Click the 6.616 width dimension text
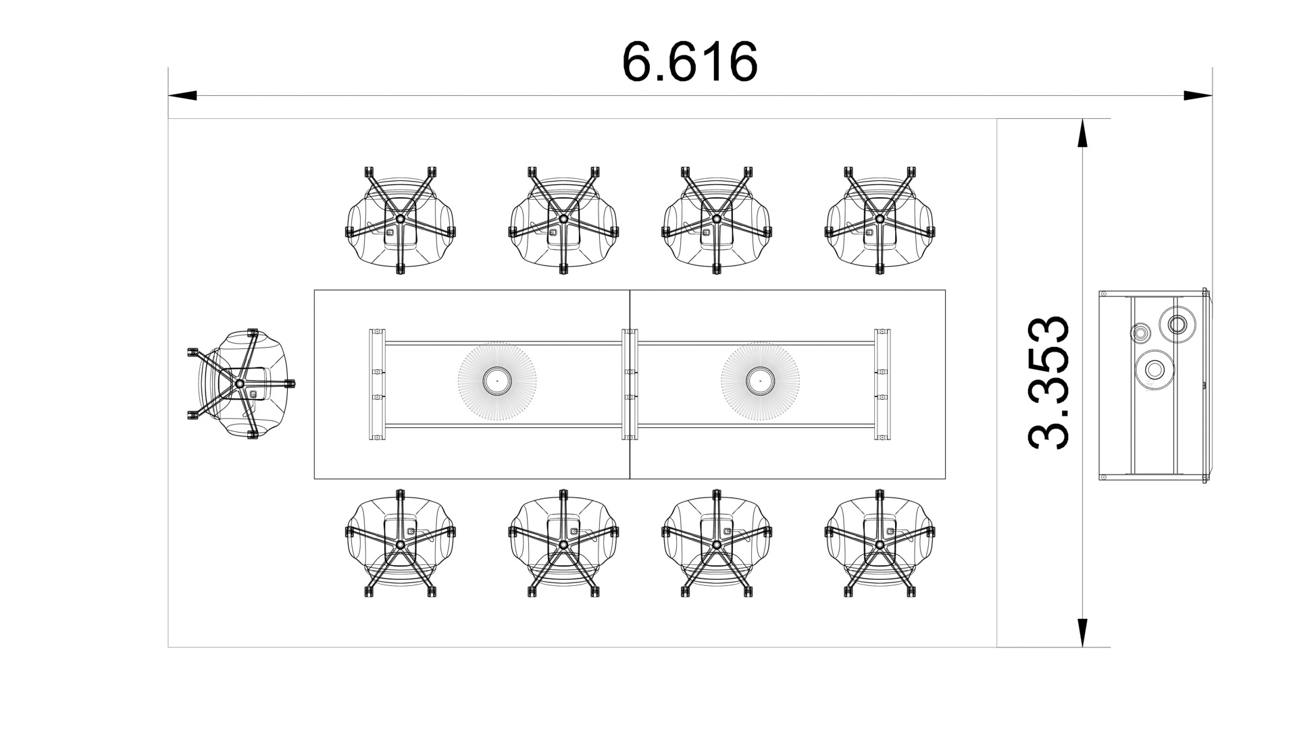[690, 61]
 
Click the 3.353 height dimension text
[1048, 383]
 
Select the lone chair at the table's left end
[240, 384]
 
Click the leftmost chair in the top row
[400, 220]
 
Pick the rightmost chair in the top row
[880, 220]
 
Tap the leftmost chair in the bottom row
[400, 544]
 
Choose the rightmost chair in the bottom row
[880, 544]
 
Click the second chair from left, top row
[563, 220]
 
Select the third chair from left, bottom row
[716, 544]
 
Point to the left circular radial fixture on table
[497, 381]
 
